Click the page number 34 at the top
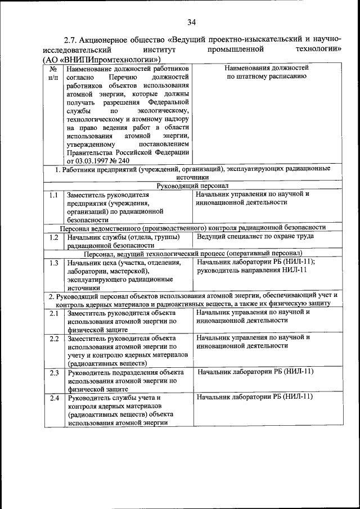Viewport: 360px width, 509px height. coord(191,22)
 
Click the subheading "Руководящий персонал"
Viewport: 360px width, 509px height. coord(192,186)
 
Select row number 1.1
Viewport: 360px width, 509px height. coord(53,195)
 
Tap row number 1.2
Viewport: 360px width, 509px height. coord(53,237)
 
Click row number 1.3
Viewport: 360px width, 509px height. coord(53,262)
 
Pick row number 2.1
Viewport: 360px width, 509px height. coord(54,313)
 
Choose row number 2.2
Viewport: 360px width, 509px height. coord(54,339)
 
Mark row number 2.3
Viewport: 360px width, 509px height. coord(54,372)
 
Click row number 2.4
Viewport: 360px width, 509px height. coord(54,398)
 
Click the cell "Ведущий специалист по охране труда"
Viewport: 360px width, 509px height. coord(255,236)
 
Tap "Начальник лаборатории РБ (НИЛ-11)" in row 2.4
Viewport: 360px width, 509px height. coord(255,398)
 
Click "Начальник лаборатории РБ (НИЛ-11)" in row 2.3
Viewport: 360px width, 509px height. coord(255,372)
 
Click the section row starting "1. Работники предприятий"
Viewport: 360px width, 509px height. coord(192,172)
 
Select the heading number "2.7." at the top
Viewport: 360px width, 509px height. coord(70,40)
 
